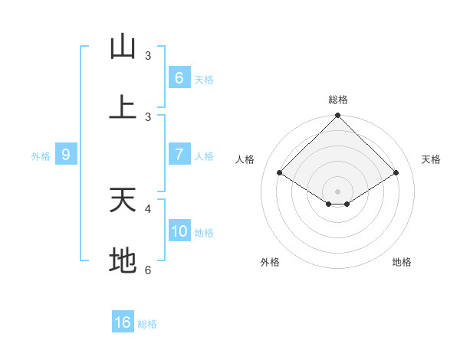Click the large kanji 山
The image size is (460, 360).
[123, 47]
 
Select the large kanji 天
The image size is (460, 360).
[123, 200]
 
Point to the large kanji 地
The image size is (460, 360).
[123, 261]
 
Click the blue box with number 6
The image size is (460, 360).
[179, 77]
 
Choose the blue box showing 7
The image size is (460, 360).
[179, 155]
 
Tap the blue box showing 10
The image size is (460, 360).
[179, 231]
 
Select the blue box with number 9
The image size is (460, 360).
[66, 155]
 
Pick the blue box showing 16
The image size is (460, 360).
[123, 322]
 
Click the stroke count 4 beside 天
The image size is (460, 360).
[148, 208]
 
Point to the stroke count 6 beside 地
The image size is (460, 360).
[148, 270]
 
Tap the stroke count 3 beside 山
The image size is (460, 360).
[148, 56]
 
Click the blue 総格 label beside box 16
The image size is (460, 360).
[147, 324]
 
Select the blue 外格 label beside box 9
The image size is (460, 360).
[41, 156]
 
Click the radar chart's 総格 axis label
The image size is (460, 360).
[338, 100]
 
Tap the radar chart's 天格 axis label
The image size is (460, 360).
[432, 159]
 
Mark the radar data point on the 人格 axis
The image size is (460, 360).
[280, 173]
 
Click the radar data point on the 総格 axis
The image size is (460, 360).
[338, 116]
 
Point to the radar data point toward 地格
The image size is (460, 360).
[347, 204]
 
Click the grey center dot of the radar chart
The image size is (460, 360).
[338, 191]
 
